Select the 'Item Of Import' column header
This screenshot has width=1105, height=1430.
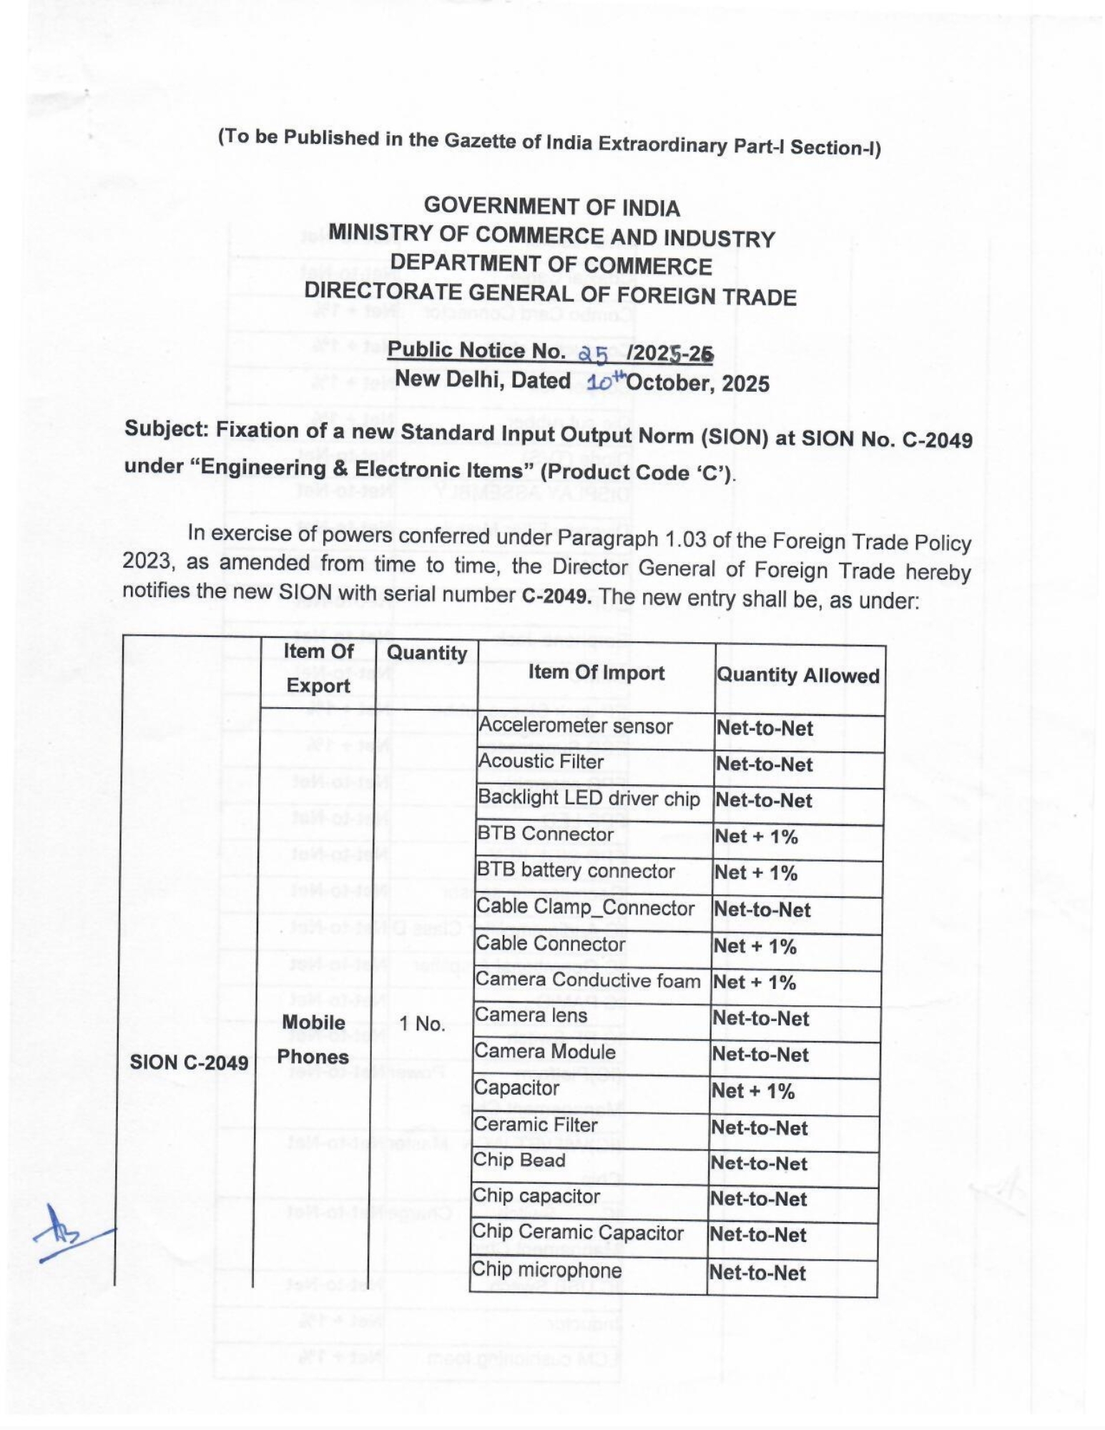point(596,673)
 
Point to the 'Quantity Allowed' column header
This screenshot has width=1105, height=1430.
point(797,676)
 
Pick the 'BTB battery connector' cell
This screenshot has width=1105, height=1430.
point(576,871)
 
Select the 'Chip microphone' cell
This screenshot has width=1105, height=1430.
point(547,1271)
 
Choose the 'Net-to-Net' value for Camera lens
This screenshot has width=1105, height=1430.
point(760,1018)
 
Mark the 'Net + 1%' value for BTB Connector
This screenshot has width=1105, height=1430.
point(756,836)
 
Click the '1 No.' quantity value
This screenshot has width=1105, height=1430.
point(422,1024)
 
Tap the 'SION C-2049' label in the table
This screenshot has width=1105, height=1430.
point(189,1062)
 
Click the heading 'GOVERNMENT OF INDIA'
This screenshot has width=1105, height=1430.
point(551,207)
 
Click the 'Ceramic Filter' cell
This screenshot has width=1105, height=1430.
point(536,1125)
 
